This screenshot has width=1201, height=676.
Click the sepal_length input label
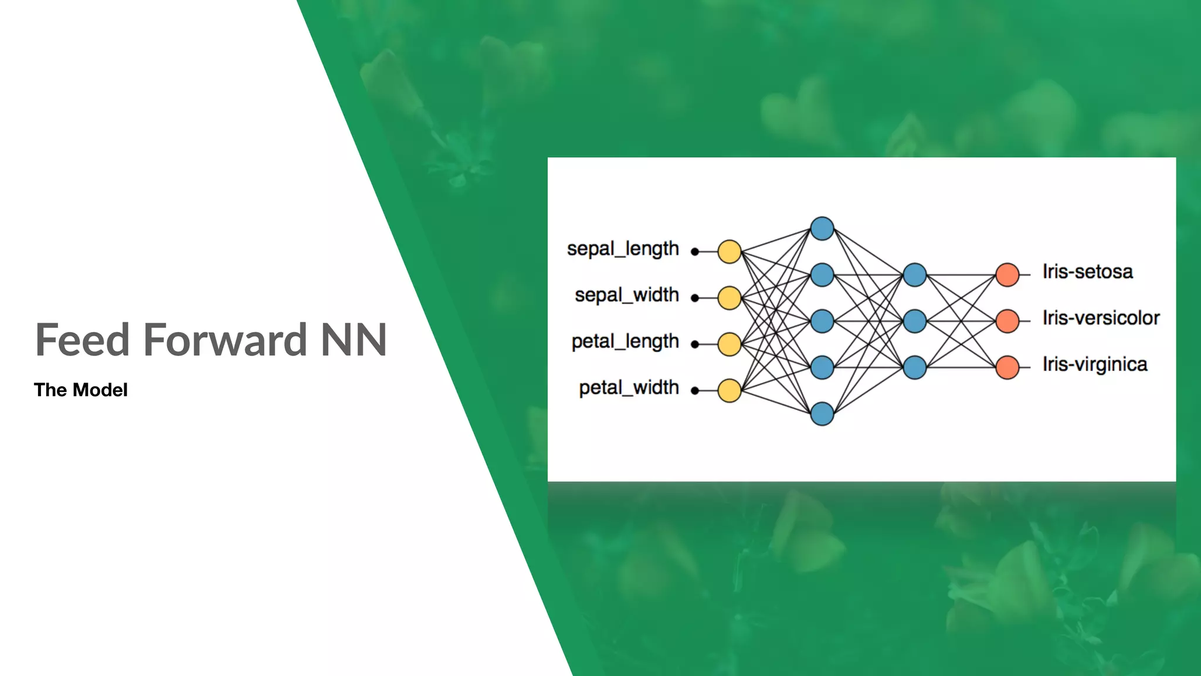click(623, 249)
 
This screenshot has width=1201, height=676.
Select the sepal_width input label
click(626, 295)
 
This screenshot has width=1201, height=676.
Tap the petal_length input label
click(625, 342)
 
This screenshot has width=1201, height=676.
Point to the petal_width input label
click(629, 388)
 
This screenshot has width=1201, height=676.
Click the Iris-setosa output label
click(1087, 272)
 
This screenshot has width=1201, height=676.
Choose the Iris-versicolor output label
click(1101, 318)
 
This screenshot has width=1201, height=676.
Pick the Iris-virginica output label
click(1094, 364)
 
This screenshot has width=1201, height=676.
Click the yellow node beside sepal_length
click(730, 252)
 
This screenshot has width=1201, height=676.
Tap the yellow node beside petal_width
click(730, 391)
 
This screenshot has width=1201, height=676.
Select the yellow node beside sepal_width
click(730, 298)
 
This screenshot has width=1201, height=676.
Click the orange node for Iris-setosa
click(1007, 275)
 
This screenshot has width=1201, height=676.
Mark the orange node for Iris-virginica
click(1007, 367)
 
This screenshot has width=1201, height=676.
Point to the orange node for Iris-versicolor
click(1007, 321)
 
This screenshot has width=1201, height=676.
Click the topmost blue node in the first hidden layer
click(822, 229)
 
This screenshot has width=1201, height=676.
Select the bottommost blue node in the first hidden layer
click(822, 414)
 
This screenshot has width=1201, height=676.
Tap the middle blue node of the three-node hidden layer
click(915, 321)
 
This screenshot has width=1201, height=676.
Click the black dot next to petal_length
click(695, 344)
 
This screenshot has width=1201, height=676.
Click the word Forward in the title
click(225, 340)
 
